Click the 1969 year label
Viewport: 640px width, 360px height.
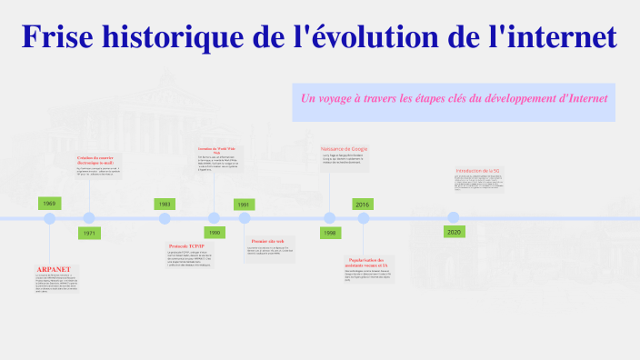(x=49, y=204)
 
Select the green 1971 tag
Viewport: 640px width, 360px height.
(x=89, y=234)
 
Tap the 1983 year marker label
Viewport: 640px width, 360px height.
(x=165, y=205)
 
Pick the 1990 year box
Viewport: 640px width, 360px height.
(x=214, y=233)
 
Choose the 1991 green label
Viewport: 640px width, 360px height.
(x=244, y=205)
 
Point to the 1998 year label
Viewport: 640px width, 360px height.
(x=329, y=233)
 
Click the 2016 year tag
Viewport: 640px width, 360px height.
(x=362, y=205)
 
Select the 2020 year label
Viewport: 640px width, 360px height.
(x=454, y=233)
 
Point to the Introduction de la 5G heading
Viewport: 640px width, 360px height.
(x=478, y=170)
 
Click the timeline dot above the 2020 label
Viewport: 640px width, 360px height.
(x=453, y=218)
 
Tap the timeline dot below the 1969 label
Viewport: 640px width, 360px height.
(x=50, y=218)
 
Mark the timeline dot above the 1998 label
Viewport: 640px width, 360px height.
(x=330, y=218)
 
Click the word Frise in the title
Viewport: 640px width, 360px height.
(x=58, y=37)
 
